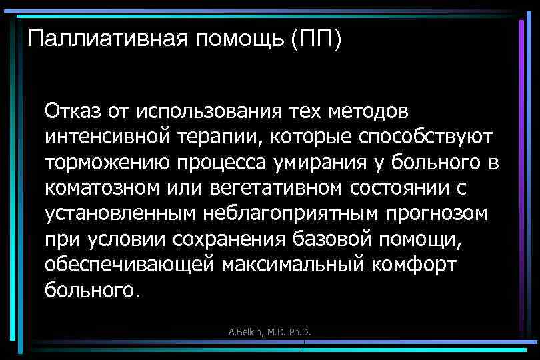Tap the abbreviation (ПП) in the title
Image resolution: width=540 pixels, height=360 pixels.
316,39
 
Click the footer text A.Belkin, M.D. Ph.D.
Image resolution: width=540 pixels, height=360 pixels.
271,331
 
